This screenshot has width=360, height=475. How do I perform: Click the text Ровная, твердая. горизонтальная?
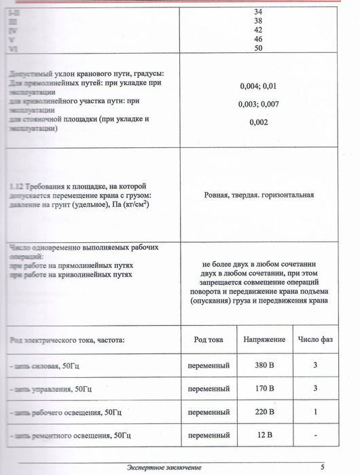point(259,195)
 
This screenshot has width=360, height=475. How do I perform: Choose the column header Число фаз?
point(315,338)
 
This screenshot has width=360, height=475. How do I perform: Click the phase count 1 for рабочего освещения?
point(315,412)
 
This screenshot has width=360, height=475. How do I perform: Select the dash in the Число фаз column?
point(315,435)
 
